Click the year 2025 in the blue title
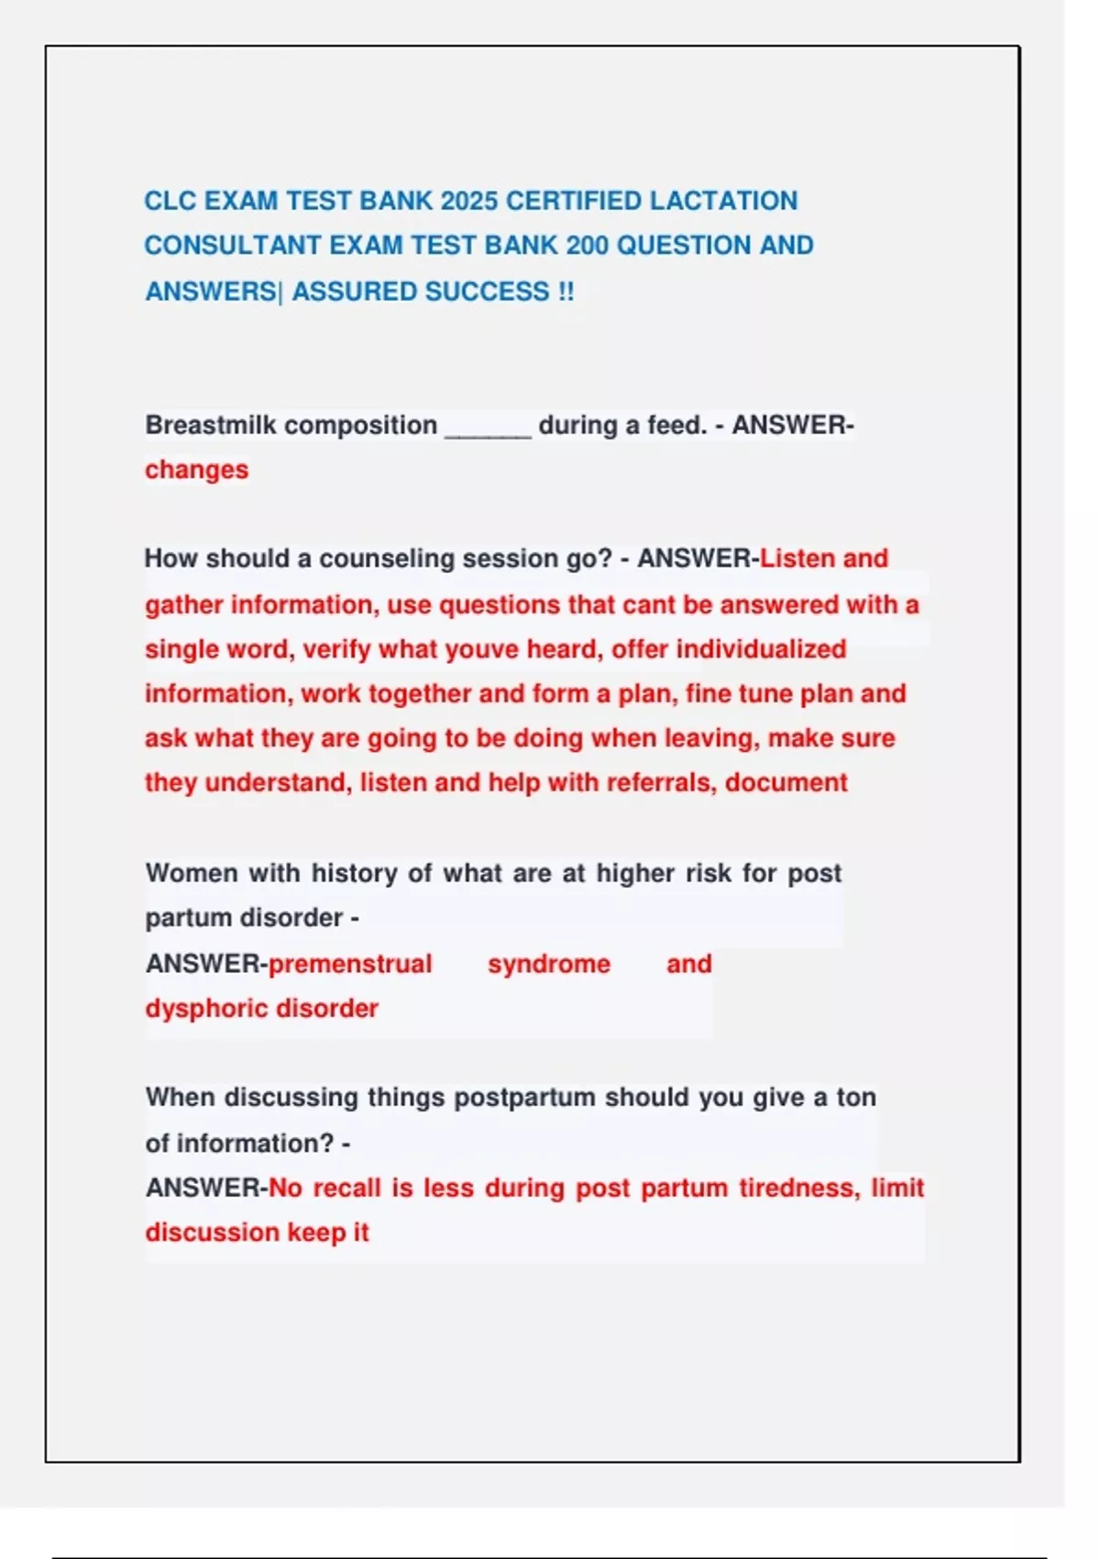click(468, 201)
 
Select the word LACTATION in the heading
click(723, 201)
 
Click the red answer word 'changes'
click(196, 470)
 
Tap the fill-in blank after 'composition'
click(488, 426)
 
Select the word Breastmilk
click(210, 426)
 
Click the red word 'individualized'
click(761, 649)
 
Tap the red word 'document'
click(786, 782)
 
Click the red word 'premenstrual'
click(349, 964)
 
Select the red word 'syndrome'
click(548, 964)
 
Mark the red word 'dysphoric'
click(206, 1009)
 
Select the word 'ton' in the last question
click(856, 1098)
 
